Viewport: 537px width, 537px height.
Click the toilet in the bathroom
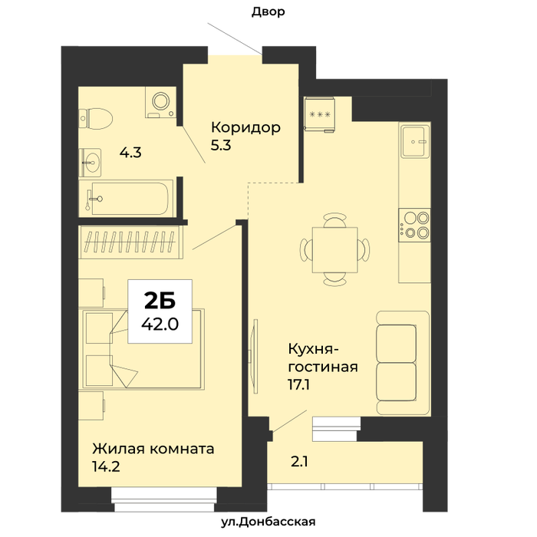[96, 118]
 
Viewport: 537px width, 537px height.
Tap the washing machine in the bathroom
[160, 102]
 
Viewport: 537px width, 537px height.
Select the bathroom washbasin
[90, 163]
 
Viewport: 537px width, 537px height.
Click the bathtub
[126, 198]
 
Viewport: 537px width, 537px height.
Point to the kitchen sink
[415, 141]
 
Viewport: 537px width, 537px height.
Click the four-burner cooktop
[414, 225]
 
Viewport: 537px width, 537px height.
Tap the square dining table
[334, 249]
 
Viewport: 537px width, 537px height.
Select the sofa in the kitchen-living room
[403, 363]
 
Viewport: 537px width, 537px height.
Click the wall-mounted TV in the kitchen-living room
[254, 356]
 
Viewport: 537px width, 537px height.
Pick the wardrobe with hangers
[131, 242]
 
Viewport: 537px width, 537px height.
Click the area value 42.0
[160, 324]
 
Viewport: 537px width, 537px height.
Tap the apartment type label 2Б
[160, 301]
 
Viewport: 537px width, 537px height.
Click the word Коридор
[246, 127]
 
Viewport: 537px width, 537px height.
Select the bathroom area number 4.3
[130, 153]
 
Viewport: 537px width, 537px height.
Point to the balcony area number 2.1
[299, 462]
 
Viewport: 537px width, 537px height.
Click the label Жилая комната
[153, 449]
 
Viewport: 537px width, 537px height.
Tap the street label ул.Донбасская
[268, 522]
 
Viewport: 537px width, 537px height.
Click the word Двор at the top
[268, 12]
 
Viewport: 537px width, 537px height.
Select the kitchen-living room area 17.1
[298, 385]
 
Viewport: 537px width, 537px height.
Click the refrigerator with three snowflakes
[320, 114]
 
